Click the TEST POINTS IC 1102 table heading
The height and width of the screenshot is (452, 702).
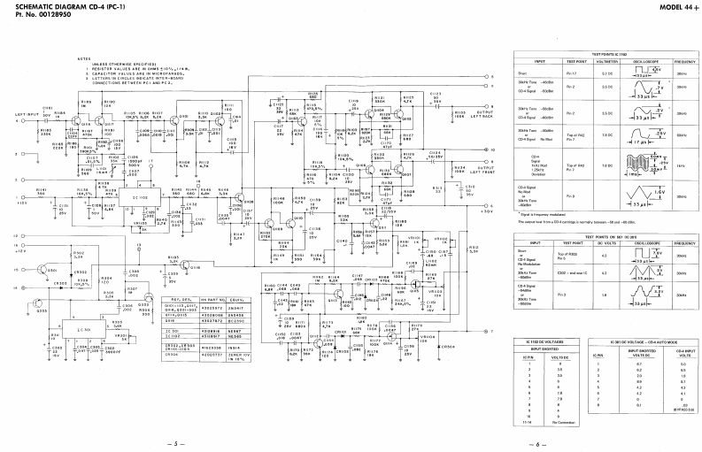[607, 55]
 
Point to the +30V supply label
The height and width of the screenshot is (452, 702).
[485, 211]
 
